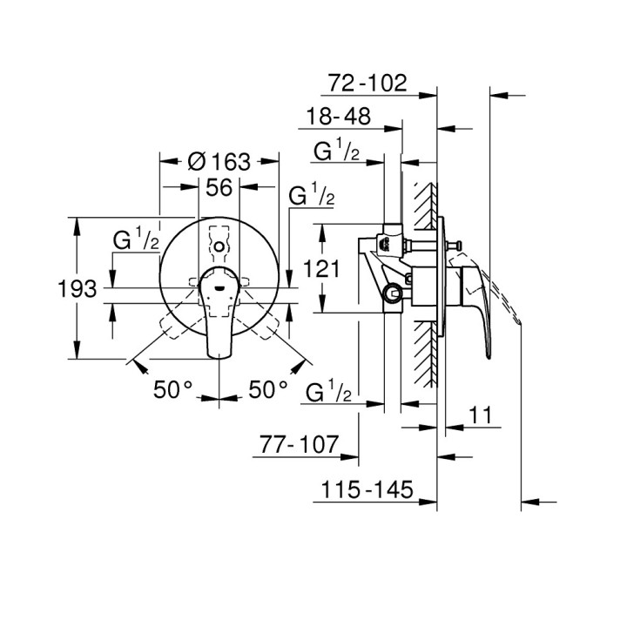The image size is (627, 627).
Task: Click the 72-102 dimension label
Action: coord(368,84)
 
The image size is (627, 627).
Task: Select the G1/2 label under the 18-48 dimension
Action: coord(336,152)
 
